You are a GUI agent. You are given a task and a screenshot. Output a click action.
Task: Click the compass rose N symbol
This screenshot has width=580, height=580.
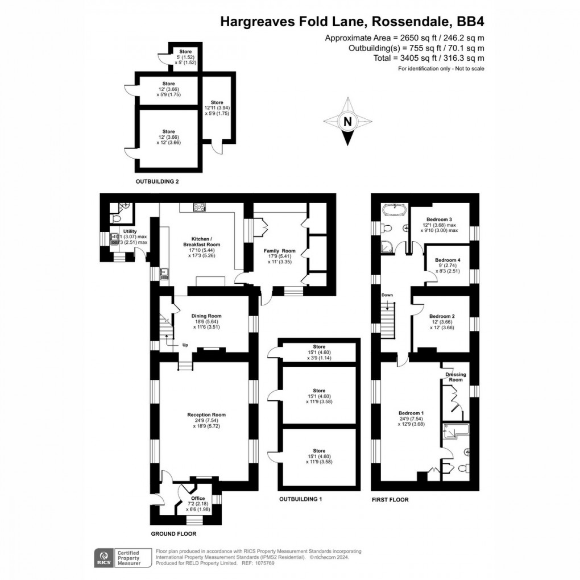(x=347, y=121)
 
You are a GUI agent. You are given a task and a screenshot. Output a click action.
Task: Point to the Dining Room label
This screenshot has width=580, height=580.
(x=206, y=316)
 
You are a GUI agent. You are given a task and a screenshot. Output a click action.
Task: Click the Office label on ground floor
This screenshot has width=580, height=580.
(x=198, y=498)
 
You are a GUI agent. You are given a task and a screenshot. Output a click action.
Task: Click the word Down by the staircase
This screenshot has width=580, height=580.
(x=387, y=295)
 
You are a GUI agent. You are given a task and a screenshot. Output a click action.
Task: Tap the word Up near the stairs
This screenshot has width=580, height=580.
(x=185, y=345)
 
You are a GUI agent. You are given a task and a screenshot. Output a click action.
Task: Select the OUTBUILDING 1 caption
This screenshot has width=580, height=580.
(x=300, y=499)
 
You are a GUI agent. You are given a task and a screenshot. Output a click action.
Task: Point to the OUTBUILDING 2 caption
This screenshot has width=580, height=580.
(x=157, y=182)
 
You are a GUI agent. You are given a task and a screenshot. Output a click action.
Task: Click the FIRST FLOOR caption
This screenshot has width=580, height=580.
(x=390, y=500)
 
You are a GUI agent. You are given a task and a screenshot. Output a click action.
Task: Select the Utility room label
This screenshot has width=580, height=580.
(x=130, y=231)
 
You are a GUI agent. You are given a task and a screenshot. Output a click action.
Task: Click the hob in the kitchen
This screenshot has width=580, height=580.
(x=201, y=207)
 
